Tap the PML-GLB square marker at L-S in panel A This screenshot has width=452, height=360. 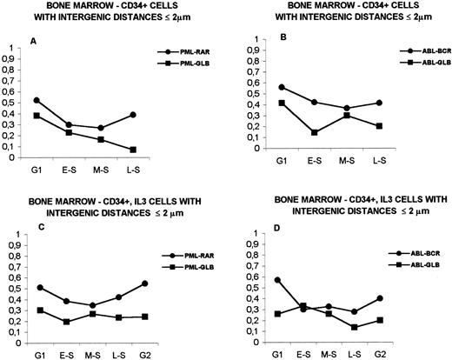click(131, 150)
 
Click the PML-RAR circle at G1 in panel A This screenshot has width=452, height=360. click(36, 101)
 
